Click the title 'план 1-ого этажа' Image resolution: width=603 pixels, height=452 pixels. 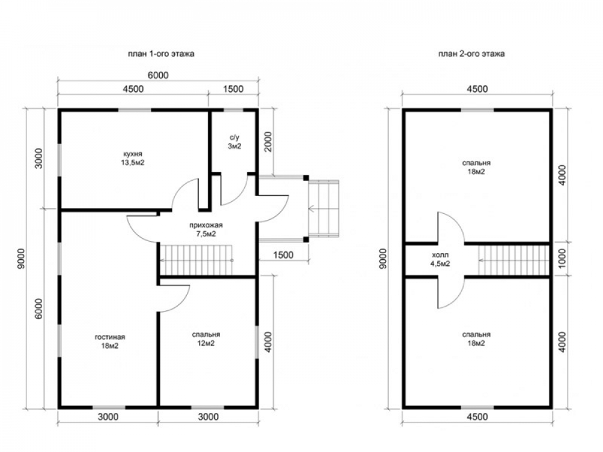coord(161,54)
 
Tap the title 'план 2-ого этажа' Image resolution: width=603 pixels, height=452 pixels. coord(472,54)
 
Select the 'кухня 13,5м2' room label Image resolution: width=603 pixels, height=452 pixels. coord(133,159)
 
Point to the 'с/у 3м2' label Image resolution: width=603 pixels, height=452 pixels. coord(235,142)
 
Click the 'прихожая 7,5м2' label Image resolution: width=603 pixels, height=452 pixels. coord(206,230)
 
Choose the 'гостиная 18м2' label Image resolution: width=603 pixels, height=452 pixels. coord(110,341)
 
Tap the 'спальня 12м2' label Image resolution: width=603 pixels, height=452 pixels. coord(206,339)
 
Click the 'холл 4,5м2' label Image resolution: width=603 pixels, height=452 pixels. coord(440,259)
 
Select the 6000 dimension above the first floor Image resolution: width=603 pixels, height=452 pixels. coord(158,75)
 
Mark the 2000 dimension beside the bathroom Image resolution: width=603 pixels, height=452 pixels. coord(268,142)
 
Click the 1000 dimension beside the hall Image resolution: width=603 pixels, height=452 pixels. coord(562,259)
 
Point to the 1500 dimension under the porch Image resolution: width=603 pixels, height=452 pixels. coord(283,255)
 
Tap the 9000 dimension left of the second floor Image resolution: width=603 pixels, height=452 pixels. coord(382,259)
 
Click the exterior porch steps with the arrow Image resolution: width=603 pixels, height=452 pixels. coord(324,209)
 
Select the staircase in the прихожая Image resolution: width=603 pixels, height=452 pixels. coord(197,260)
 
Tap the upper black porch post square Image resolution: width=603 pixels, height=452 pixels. coord(306,178)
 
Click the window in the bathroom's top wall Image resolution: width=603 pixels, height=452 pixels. coord(233,110)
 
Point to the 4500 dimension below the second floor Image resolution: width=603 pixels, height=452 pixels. coord(477,416)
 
